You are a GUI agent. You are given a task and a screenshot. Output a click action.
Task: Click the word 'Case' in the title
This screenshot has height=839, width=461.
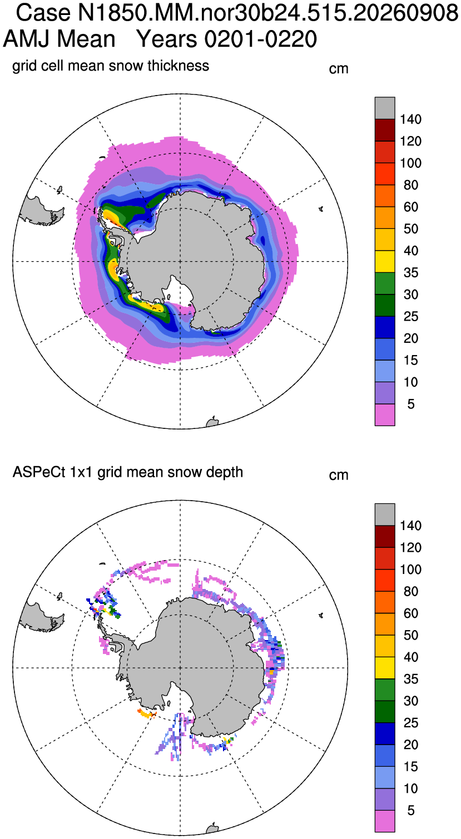click(x=43, y=13)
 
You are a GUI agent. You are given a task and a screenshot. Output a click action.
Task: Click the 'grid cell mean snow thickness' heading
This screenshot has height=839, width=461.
click(x=111, y=66)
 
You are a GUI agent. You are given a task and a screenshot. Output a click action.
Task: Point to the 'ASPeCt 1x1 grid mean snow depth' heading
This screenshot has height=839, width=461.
click(x=128, y=472)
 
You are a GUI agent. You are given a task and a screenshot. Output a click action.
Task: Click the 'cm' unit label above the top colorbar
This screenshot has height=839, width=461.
click(x=339, y=69)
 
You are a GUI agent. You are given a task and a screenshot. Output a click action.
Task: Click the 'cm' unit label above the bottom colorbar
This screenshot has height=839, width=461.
click(x=339, y=475)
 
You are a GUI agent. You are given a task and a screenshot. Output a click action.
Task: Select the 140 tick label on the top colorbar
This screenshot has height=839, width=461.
click(x=411, y=119)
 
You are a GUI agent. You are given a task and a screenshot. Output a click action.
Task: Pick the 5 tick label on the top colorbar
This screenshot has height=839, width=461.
click(x=411, y=404)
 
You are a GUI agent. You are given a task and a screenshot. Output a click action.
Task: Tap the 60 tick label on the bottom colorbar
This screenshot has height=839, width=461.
click(x=411, y=613)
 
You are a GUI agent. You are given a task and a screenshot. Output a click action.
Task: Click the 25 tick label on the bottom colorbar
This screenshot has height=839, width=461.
click(x=411, y=723)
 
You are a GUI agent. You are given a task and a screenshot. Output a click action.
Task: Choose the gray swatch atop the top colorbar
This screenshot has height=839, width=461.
click(x=385, y=108)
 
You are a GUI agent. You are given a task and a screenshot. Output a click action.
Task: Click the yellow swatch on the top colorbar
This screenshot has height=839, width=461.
click(x=385, y=262)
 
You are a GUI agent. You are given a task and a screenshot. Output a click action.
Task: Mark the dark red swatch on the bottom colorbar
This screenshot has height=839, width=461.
click(x=385, y=536)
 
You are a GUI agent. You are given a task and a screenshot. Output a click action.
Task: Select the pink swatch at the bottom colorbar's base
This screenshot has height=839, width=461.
click(x=385, y=821)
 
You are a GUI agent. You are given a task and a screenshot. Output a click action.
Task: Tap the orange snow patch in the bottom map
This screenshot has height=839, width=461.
click(x=147, y=713)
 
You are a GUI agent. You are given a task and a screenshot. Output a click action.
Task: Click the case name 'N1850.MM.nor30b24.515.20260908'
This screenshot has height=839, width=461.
click(x=268, y=13)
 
